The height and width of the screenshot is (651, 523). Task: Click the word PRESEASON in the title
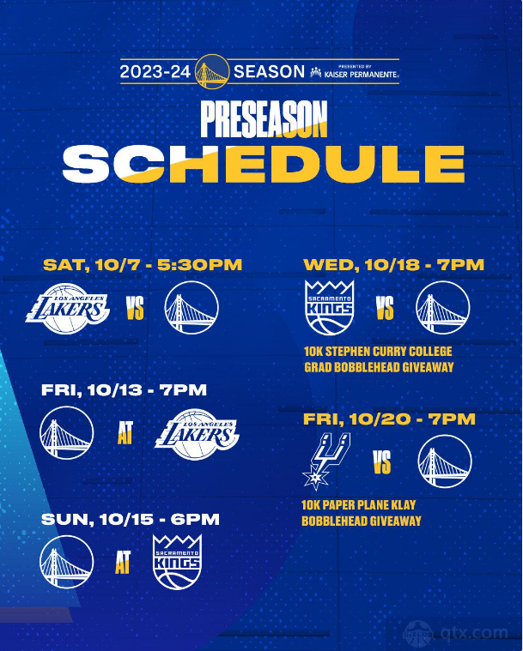pyautogui.click(x=264, y=119)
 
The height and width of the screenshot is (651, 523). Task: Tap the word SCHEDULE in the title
pyautogui.click(x=264, y=164)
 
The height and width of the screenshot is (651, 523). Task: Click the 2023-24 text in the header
pyautogui.click(x=155, y=72)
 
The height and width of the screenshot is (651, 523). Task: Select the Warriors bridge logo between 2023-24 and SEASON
pyautogui.click(x=212, y=72)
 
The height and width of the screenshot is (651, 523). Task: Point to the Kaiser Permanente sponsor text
pyautogui.click(x=355, y=73)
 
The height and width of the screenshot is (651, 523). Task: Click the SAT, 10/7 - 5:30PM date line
pyautogui.click(x=143, y=265)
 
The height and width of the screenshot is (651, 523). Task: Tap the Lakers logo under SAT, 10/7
pyautogui.click(x=68, y=309)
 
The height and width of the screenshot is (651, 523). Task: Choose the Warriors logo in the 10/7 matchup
pyautogui.click(x=192, y=308)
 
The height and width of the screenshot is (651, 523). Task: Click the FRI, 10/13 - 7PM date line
pyautogui.click(x=124, y=390)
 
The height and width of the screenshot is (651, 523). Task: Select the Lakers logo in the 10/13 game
pyautogui.click(x=197, y=434)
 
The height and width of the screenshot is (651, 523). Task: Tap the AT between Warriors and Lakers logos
pyautogui.click(x=125, y=433)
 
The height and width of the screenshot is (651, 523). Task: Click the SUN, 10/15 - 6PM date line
pyautogui.click(x=131, y=520)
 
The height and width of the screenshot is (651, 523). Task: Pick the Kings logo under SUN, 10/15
pyautogui.click(x=177, y=562)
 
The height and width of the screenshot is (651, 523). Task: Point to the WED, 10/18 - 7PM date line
pyautogui.click(x=393, y=265)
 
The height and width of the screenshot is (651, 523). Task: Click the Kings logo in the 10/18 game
pyautogui.click(x=330, y=308)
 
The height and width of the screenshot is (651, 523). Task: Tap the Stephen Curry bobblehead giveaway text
pyautogui.click(x=379, y=359)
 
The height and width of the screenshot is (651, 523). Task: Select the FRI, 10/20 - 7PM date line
pyautogui.click(x=389, y=419)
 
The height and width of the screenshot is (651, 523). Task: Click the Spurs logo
pyautogui.click(x=326, y=461)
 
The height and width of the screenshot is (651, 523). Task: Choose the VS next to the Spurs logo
pyautogui.click(x=382, y=462)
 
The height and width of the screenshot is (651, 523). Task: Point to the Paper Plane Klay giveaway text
pyautogui.click(x=362, y=513)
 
